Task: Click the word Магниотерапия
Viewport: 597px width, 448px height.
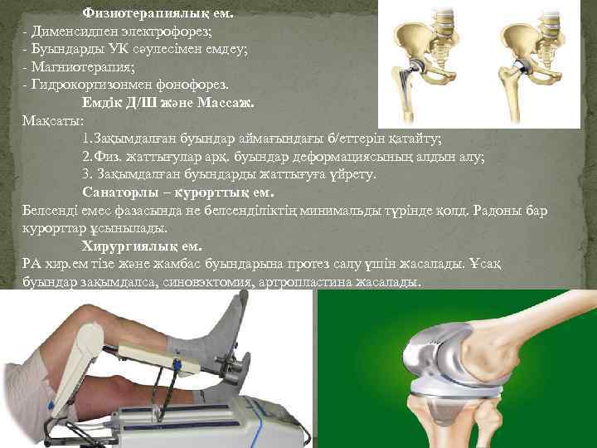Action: coord(83,66)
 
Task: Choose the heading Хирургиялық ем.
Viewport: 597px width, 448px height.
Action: coord(142,246)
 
